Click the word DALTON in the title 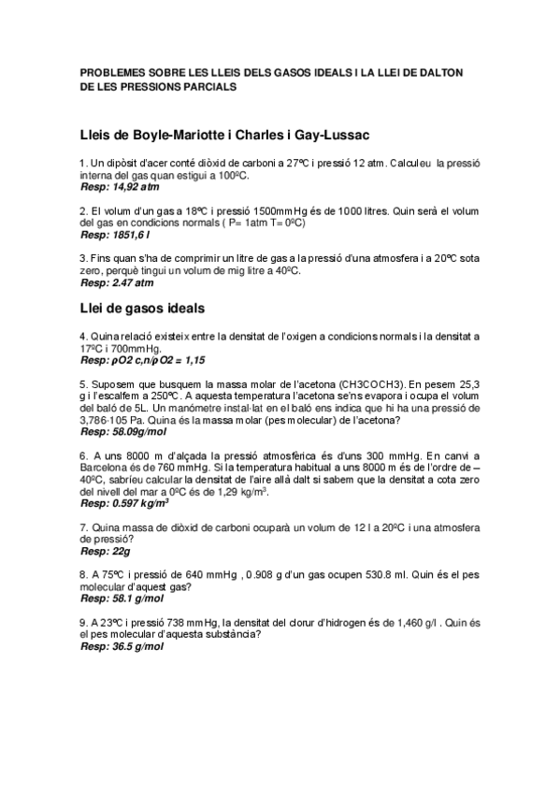tap(451, 72)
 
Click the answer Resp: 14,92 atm tap(120, 187)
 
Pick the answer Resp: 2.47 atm tap(117, 281)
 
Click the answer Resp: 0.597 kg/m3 tap(124, 503)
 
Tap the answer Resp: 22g tap(106, 552)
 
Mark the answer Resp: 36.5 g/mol tap(122, 646)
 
